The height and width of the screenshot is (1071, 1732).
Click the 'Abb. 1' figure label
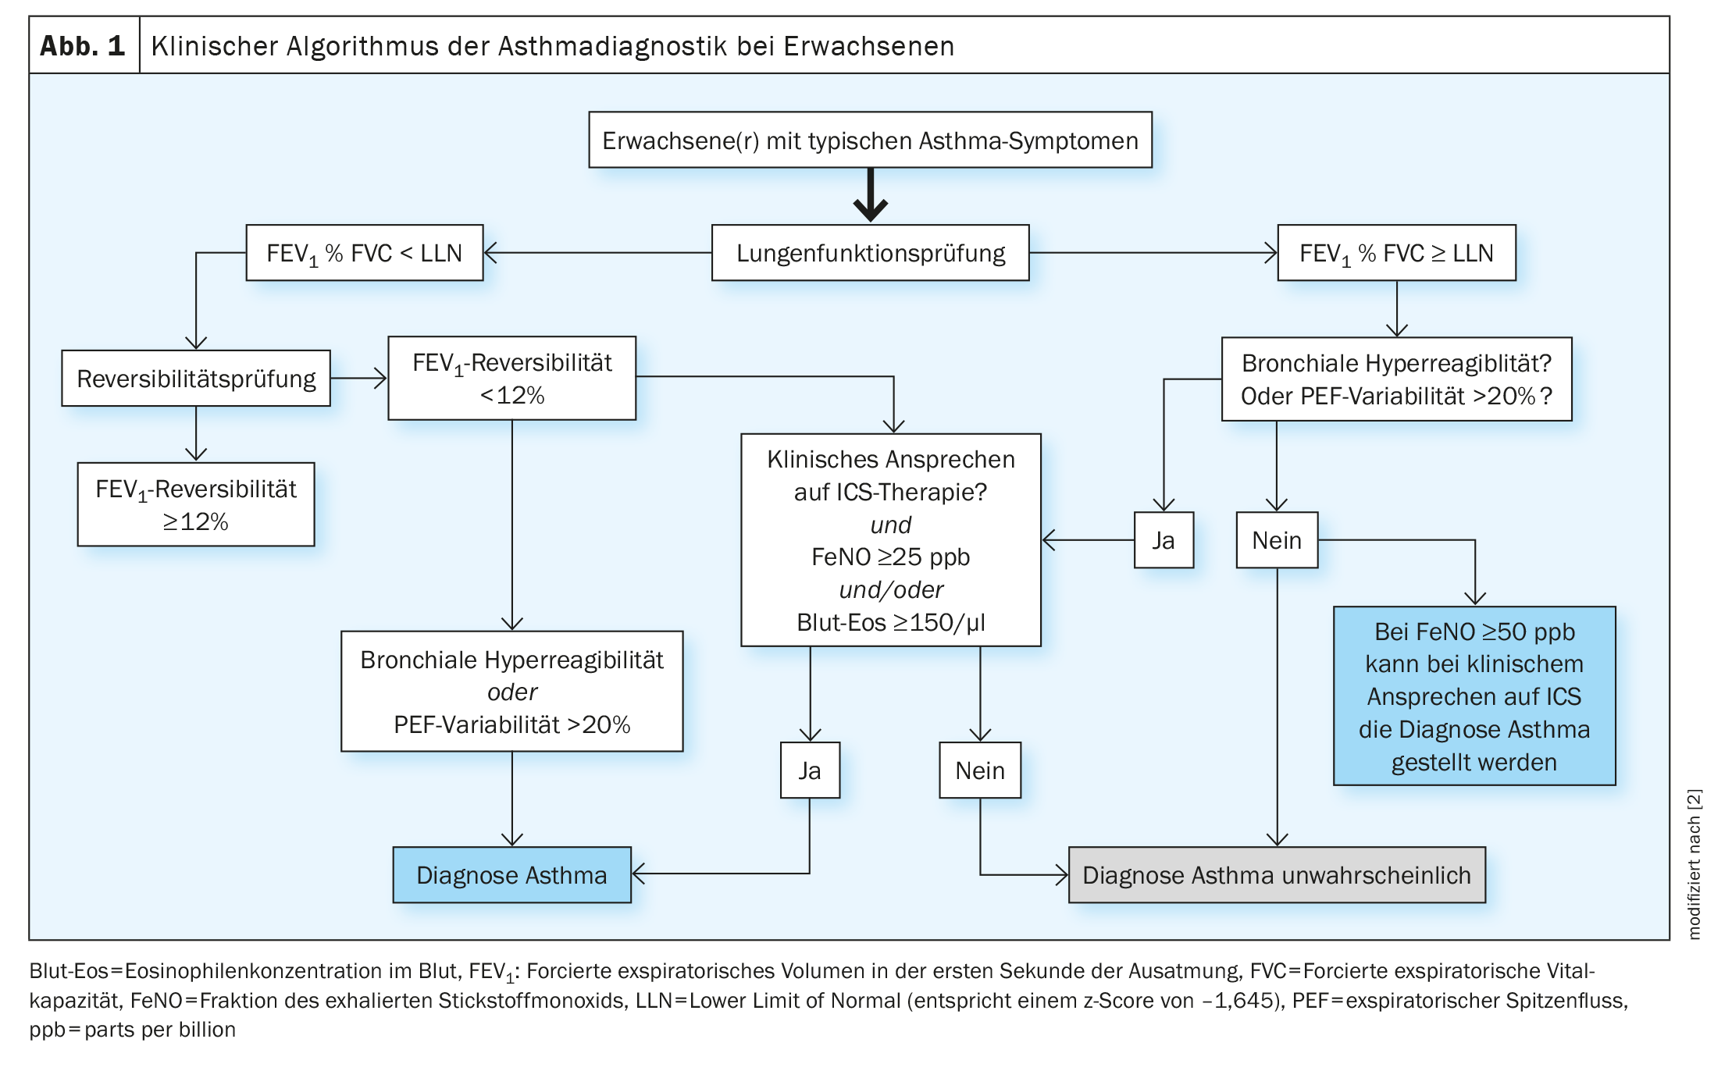tap(83, 46)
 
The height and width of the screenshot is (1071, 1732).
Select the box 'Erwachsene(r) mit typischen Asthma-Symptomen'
tap(870, 140)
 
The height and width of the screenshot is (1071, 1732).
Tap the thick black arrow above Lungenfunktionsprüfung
tap(870, 195)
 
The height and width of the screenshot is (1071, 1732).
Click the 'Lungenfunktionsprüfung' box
tap(870, 253)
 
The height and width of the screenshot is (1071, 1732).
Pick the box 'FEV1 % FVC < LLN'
tap(365, 253)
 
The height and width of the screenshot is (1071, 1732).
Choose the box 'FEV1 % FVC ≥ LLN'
tap(1396, 253)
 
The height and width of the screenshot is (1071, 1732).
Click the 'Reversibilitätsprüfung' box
tap(196, 379)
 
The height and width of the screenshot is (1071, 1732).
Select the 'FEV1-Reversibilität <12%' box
tap(512, 379)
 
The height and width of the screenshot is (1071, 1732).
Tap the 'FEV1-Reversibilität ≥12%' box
tap(196, 504)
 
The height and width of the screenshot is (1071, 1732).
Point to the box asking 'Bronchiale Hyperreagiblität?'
tap(1396, 379)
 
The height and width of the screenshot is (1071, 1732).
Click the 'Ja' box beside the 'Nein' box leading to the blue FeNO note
tap(1164, 540)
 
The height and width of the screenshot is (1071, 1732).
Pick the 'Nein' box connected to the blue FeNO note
tap(1277, 540)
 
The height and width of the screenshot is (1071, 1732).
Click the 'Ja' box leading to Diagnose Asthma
tap(810, 770)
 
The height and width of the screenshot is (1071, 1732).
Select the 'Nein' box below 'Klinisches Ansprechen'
tap(980, 770)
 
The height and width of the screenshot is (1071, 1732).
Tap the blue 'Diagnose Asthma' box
tap(512, 875)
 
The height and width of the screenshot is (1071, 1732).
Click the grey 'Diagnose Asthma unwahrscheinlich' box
tap(1277, 875)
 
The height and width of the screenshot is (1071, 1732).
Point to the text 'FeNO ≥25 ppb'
tap(890, 557)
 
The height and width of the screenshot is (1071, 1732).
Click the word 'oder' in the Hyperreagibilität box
tap(512, 692)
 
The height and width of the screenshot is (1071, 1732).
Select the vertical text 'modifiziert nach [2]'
tap(1694, 864)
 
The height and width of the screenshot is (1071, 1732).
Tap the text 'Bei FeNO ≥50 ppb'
tap(1474, 632)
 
